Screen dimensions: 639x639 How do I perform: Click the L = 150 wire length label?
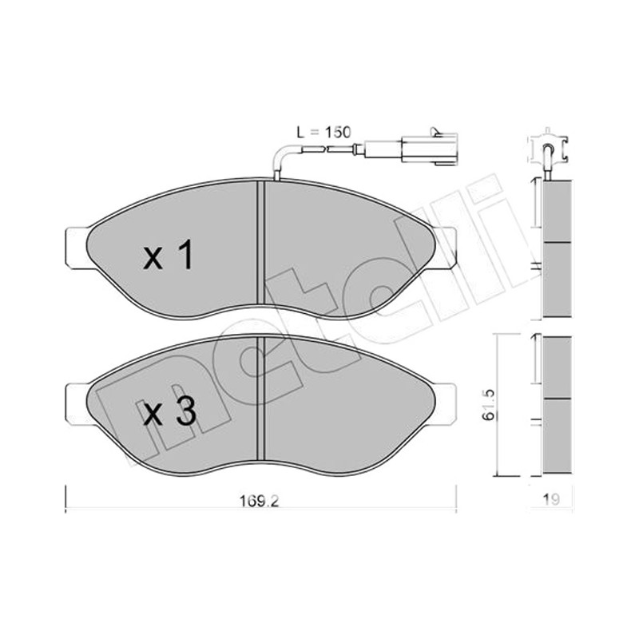click(x=324, y=133)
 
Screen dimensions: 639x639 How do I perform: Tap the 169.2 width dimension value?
click(x=259, y=501)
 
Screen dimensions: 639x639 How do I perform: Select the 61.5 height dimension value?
click(x=489, y=405)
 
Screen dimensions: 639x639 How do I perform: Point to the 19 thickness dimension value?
click(x=551, y=499)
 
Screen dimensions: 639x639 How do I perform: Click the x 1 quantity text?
click(x=169, y=255)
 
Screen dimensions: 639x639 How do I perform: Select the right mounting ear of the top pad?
click(x=447, y=248)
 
